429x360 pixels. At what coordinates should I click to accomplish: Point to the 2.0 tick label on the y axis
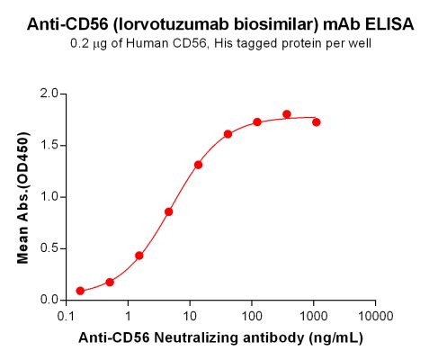(x=49, y=94)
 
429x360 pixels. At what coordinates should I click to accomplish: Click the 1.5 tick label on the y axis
(x=49, y=145)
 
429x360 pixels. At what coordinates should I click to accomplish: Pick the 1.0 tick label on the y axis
(x=49, y=196)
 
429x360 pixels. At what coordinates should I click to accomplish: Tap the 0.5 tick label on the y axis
(x=49, y=248)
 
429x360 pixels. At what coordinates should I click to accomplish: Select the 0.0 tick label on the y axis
(x=49, y=300)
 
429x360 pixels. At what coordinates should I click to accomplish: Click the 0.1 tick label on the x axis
(x=66, y=316)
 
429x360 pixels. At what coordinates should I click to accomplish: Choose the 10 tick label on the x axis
(x=190, y=316)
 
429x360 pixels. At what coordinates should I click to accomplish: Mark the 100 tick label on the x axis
(x=251, y=316)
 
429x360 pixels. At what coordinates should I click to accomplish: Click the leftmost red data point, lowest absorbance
(x=80, y=291)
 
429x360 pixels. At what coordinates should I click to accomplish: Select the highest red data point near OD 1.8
(x=287, y=114)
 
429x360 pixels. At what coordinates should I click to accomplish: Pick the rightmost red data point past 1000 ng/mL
(x=316, y=121)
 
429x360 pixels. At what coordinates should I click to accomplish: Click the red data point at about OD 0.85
(x=169, y=211)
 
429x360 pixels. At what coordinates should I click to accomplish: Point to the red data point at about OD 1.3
(x=198, y=165)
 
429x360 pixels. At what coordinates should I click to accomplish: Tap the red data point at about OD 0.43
(x=139, y=256)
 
